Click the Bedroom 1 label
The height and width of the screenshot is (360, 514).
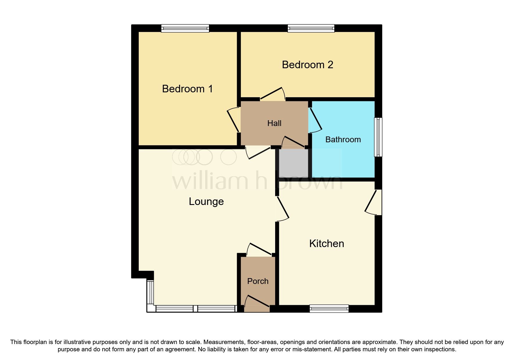point(187,89)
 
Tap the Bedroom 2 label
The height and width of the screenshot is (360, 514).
point(307,65)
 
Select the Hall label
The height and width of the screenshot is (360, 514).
point(274,123)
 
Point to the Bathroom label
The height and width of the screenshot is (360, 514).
point(343,140)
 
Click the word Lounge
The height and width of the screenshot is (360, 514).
point(206,201)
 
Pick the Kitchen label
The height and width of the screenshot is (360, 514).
point(327,244)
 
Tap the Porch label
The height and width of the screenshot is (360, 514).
point(258,281)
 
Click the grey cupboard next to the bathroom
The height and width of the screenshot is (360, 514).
point(293,163)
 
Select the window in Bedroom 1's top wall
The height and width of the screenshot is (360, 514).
point(185,28)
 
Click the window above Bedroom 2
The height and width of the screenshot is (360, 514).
point(311,28)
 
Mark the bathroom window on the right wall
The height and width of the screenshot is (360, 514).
point(378,137)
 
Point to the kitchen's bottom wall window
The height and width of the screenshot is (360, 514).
point(329,309)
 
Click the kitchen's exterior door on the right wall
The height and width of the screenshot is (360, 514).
point(373,202)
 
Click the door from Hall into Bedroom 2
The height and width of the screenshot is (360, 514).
point(273,94)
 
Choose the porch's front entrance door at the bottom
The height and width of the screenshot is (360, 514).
point(257,304)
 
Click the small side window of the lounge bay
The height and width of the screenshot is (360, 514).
point(150,292)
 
